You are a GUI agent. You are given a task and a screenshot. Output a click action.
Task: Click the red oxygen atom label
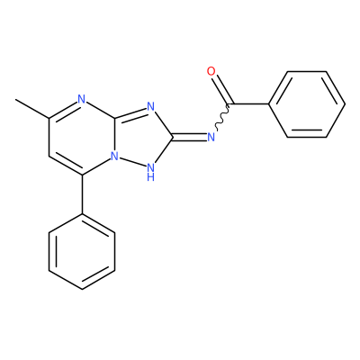[211, 71]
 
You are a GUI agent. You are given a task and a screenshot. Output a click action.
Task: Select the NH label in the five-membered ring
[151, 172]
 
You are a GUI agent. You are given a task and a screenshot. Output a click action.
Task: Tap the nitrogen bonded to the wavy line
[211, 137]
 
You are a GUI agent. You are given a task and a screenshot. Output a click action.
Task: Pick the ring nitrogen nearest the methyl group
[81, 99]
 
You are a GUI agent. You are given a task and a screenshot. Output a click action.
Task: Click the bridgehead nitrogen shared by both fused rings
[114, 156]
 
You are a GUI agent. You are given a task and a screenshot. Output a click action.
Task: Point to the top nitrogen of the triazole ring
[150, 106]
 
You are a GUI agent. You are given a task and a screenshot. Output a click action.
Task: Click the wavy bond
[223, 117]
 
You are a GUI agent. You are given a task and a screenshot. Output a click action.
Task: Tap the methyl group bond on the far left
[32, 108]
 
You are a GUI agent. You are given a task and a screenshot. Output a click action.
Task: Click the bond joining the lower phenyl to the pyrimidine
[82, 194]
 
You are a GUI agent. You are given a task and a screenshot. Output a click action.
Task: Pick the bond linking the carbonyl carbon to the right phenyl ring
[249, 104]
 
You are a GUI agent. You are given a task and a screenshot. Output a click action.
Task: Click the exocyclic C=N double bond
[190, 137]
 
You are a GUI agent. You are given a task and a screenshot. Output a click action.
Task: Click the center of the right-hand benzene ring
[307, 104]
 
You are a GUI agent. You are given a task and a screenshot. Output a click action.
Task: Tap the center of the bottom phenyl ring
[82, 251]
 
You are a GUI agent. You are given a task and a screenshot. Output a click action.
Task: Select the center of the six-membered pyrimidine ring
[82, 137]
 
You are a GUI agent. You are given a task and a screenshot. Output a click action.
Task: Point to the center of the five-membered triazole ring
[141, 138]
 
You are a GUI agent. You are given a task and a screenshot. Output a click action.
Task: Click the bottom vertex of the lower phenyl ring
[82, 290]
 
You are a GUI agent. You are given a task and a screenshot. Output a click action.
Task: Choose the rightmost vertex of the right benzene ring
[345, 104]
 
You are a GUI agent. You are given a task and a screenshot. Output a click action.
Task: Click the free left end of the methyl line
[16, 99]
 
